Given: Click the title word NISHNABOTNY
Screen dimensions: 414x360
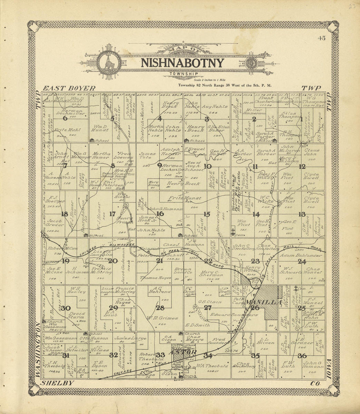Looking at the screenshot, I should coord(182,63).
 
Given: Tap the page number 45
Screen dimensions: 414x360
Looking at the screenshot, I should coord(321,38).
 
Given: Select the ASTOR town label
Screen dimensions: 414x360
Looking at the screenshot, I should coord(183,353).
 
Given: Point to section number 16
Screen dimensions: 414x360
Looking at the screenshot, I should coord(160,214).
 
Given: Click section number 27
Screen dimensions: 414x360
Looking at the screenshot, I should coord(207,308).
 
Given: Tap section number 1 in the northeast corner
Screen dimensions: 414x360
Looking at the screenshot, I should coord(301,119).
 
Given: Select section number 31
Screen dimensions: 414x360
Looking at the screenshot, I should coord(66,355).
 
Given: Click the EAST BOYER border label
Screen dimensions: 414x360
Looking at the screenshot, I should coord(69,88).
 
